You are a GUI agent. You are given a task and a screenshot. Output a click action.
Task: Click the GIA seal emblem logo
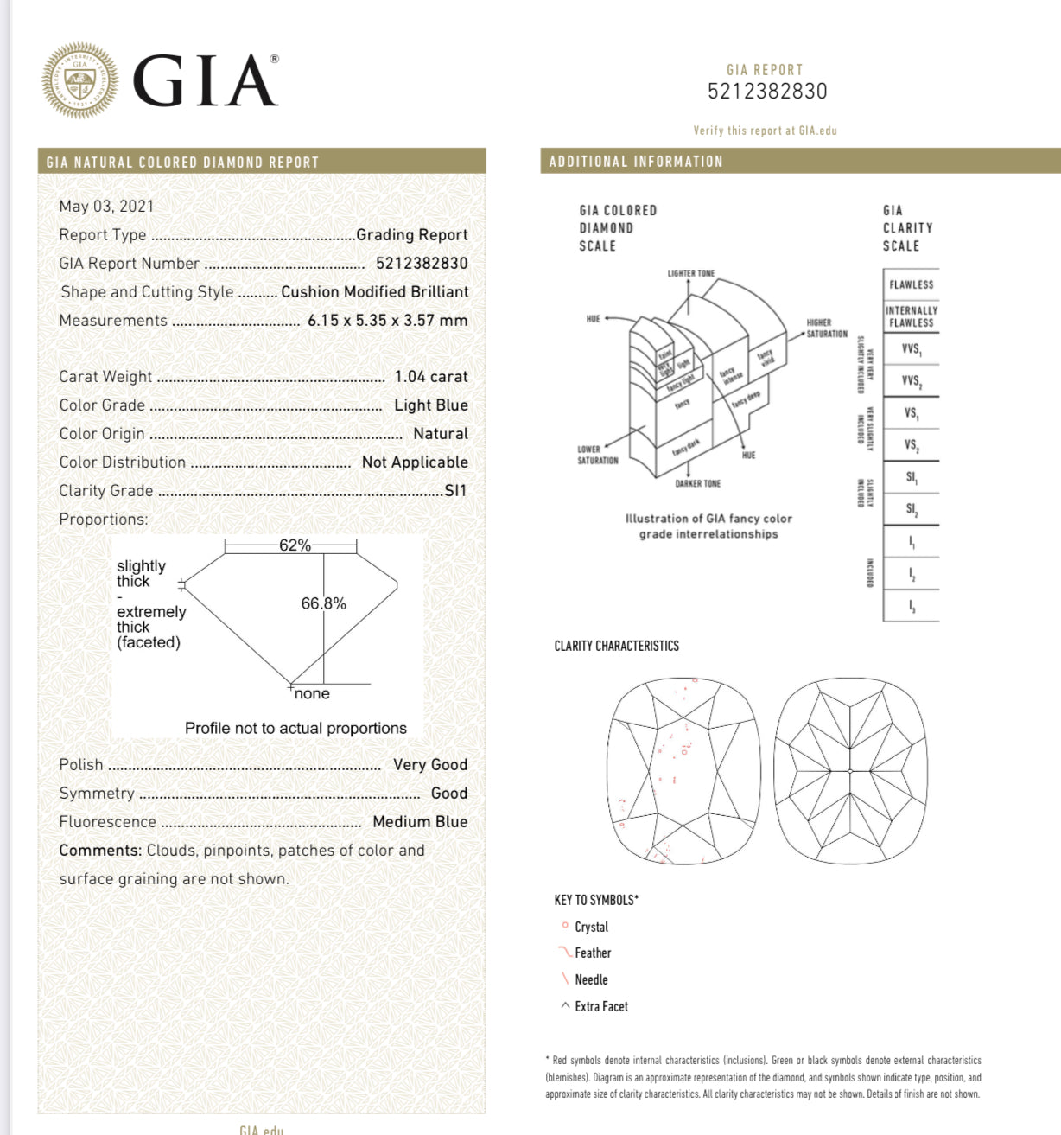pyautogui.click(x=79, y=80)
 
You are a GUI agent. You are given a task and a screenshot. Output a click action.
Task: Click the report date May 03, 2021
pyautogui.click(x=106, y=206)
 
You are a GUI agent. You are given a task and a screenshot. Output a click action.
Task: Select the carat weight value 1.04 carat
pyautogui.click(x=430, y=376)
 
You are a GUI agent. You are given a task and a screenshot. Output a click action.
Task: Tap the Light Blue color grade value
pyautogui.click(x=430, y=405)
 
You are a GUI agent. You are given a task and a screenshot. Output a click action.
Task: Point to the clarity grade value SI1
pyautogui.click(x=455, y=490)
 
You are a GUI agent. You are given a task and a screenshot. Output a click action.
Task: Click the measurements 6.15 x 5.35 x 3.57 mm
pyautogui.click(x=387, y=320)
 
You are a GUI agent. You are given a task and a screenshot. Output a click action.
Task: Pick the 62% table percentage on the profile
pyautogui.click(x=295, y=545)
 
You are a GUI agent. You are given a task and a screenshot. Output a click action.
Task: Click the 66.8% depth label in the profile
pyautogui.click(x=323, y=603)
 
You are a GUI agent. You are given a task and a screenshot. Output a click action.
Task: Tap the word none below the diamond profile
pyautogui.click(x=312, y=693)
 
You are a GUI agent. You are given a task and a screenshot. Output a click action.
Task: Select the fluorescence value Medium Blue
pyautogui.click(x=420, y=821)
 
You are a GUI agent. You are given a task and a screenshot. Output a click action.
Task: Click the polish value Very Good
pyautogui.click(x=429, y=764)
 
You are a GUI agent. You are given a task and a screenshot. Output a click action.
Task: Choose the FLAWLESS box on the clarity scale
pyautogui.click(x=911, y=284)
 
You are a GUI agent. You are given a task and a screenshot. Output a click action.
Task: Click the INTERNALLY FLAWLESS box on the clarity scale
pyautogui.click(x=911, y=316)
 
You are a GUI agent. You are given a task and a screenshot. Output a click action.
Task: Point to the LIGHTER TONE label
pyautogui.click(x=690, y=273)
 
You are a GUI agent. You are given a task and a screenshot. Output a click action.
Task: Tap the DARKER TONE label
pyautogui.click(x=697, y=483)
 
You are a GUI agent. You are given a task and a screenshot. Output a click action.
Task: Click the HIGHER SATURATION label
pyautogui.click(x=826, y=328)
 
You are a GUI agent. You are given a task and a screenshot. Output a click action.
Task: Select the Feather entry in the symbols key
pyautogui.click(x=592, y=953)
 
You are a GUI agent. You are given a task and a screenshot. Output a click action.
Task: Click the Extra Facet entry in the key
pyautogui.click(x=600, y=1006)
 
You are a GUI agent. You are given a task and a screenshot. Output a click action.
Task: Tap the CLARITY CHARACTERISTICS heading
pyautogui.click(x=616, y=646)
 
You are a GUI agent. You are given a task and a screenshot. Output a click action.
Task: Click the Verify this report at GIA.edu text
pyautogui.click(x=765, y=131)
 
